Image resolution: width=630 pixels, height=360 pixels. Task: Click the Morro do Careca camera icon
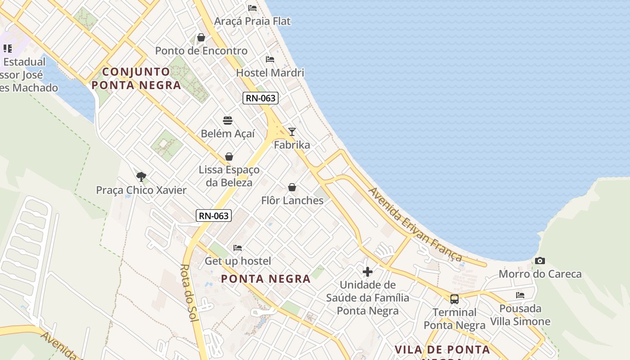coord(540,261)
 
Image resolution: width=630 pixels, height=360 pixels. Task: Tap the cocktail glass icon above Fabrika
coord(292,132)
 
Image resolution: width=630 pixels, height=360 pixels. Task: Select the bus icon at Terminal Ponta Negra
coord(454,299)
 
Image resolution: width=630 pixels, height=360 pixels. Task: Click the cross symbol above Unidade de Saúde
coord(368,272)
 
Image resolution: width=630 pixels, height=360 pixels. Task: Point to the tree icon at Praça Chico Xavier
coord(141,176)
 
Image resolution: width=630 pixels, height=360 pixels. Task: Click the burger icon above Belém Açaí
coord(228,121)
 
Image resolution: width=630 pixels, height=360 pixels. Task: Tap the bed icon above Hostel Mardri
coord(270,59)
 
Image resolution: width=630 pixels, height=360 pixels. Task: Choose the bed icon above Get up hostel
coord(238,248)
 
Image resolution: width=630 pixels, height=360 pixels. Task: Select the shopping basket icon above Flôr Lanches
coord(292,187)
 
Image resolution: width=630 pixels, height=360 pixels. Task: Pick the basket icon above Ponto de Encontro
coord(201,37)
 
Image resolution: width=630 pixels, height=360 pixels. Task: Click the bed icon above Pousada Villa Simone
coord(520,296)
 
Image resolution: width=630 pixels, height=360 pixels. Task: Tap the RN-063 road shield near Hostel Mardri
coord(261,98)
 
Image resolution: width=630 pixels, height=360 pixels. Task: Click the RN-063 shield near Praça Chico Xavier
coord(214,216)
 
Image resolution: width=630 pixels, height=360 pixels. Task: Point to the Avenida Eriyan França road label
coord(415,225)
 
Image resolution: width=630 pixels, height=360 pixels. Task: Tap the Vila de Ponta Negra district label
coord(442,350)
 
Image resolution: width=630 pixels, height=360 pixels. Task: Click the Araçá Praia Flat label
coord(252,21)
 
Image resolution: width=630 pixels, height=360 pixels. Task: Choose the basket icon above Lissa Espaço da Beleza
coord(229,157)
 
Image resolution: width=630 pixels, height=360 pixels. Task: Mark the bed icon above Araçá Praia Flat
coord(252,8)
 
